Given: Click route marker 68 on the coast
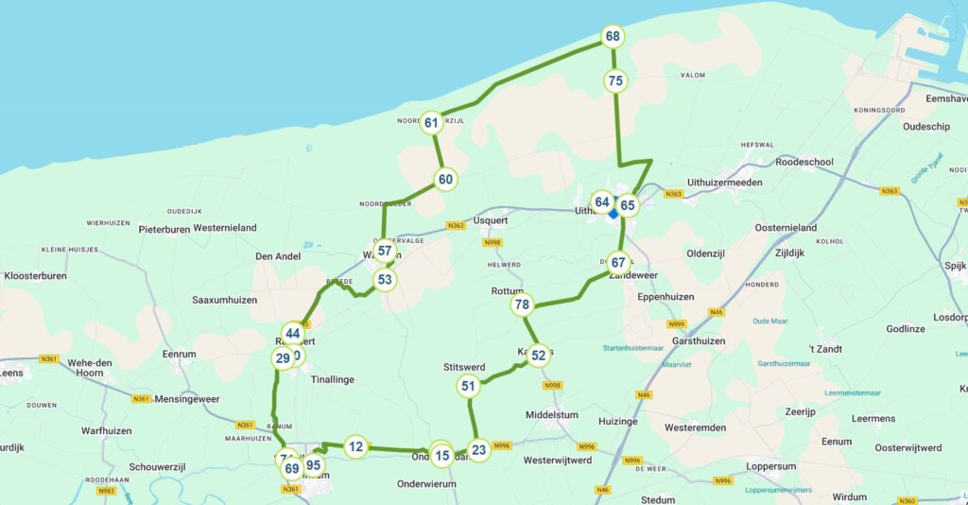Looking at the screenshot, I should point(613,37).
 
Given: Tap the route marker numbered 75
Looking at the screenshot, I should point(616,81).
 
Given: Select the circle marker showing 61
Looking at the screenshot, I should point(432,123).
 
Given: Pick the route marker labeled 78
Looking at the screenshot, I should point(522,305).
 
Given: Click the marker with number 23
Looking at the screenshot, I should point(479,450).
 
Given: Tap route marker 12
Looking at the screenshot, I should point(355,446).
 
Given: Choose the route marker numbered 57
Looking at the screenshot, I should point(384,251).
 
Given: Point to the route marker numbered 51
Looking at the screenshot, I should point(468,386).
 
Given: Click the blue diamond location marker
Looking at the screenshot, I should point(614,214).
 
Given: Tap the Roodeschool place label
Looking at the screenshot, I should point(804,162).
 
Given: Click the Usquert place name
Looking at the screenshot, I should point(491,220).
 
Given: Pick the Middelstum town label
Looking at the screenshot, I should point(551,414).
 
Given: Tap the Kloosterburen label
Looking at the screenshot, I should point(35,276).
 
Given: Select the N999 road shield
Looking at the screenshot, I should point(676,323).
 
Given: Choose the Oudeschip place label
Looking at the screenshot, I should point(926,126).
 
